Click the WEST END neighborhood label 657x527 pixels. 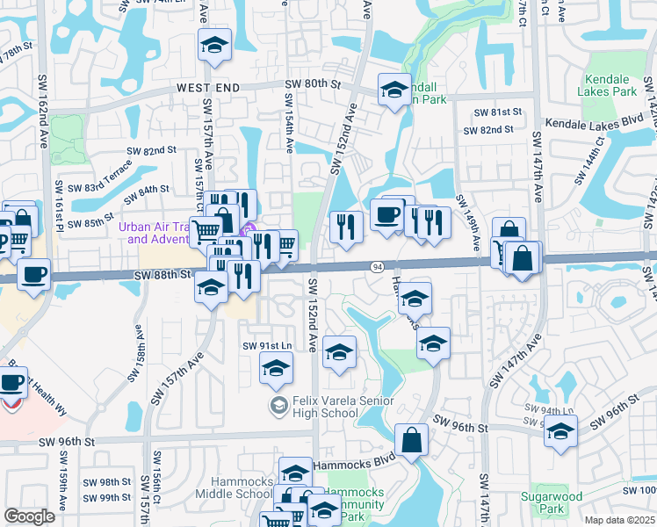(208, 88)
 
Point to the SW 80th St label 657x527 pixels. (312, 84)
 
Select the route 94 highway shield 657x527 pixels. (376, 266)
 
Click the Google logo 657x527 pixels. (30, 516)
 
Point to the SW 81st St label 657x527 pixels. (498, 113)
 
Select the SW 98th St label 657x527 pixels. (107, 482)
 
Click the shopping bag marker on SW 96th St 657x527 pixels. (411, 439)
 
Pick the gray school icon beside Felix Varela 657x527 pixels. (278, 405)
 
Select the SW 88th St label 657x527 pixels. (162, 275)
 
